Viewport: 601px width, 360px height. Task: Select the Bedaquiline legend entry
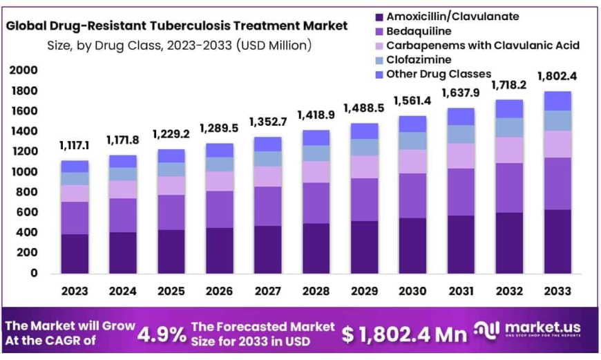pos(418,31)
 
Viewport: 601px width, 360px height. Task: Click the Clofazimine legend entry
pos(419,60)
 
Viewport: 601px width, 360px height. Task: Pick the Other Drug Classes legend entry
pos(438,74)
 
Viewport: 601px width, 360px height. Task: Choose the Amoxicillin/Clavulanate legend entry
pos(452,17)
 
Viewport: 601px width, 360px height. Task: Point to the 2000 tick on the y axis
pos(23,71)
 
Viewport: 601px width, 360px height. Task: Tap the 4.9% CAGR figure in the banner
pos(162,334)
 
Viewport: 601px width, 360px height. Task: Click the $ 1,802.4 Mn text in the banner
pos(404,334)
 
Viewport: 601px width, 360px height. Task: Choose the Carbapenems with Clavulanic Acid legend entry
pos(482,46)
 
